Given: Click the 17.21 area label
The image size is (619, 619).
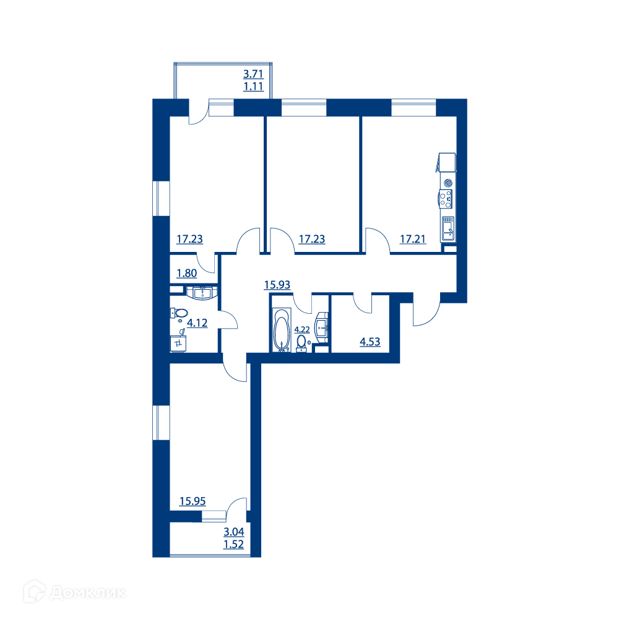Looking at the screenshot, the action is coord(413,239).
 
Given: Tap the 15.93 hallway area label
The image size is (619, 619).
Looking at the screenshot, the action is coord(277,285).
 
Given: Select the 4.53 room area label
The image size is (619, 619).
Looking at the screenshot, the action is coord(370,342).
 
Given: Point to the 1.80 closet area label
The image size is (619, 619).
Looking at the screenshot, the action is coord(187,273).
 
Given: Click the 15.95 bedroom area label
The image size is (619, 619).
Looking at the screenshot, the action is coord(193,501).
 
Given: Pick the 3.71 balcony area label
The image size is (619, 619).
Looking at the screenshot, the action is coord(253,74).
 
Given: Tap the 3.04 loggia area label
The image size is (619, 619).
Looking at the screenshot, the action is coord(234,532).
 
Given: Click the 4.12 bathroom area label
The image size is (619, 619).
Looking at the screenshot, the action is coord(197,323).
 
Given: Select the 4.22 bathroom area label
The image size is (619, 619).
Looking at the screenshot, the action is coord(302,329).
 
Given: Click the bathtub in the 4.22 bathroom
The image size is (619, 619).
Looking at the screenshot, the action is coord(282,330).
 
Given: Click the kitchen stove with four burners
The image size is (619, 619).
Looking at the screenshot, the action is coord(446,199).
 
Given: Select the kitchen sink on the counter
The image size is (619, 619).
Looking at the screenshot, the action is coord(448,228).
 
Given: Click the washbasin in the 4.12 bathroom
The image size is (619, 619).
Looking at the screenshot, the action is coord(202,293).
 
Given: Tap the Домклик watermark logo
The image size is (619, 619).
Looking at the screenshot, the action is coord(75,592).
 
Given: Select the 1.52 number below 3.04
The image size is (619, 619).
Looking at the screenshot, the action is coord(234,544).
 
